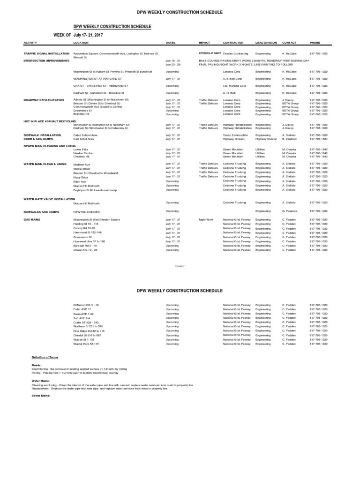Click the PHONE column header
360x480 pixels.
pyautogui.click(x=315, y=43)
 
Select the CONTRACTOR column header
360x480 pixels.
pyautogui.click(x=233, y=43)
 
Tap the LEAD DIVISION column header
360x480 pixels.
pyautogui.click(x=265, y=43)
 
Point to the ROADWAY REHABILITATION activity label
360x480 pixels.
pyautogui.click(x=44, y=100)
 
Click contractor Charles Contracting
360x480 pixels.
pyautogui.click(x=235, y=53)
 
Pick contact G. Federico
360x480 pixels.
pyautogui.click(x=290, y=211)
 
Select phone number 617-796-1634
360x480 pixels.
pyautogui.click(x=318, y=139)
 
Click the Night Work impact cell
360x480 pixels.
pyautogui.click(x=206, y=219)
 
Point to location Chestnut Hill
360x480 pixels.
pyautogui.click(x=82, y=156)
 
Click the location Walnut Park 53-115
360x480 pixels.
pyautogui.click(x=86, y=344)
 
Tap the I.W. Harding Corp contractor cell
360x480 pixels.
pyautogui.click(x=235, y=86)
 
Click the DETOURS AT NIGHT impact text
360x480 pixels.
pyautogui.click(x=210, y=53)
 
